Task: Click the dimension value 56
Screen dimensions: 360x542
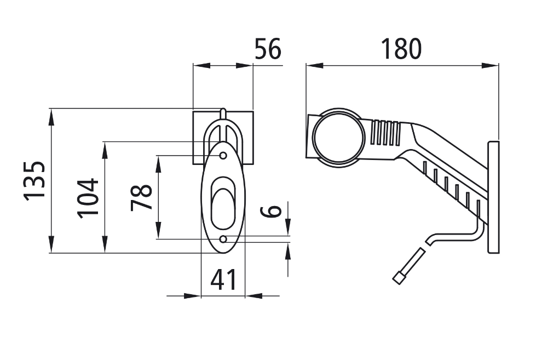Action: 268,49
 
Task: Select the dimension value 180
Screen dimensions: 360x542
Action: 402,49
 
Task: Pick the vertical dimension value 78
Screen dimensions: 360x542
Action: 142,197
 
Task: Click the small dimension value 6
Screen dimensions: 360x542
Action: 274,210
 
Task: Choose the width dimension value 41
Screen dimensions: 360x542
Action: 224,280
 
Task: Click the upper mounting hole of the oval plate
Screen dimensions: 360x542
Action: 223,156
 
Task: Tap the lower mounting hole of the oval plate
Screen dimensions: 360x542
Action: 223,239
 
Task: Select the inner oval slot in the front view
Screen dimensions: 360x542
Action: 223,203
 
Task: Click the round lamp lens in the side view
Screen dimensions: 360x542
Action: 338,137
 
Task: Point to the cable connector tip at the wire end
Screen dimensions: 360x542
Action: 399,278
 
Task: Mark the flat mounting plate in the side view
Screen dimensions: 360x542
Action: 494,197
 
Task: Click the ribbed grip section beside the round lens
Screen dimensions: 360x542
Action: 385,133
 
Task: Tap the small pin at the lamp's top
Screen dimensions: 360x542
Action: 223,113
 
